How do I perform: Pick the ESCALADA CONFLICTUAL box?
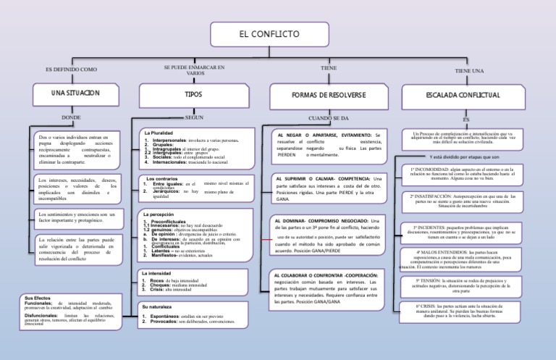(460, 95)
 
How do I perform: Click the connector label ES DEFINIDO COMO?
(71, 69)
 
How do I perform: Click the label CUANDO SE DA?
(329, 117)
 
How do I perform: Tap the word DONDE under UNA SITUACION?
(71, 117)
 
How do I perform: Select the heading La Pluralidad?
(158, 133)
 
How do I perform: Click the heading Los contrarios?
(161, 178)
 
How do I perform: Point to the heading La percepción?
(159, 215)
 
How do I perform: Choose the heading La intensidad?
(158, 272)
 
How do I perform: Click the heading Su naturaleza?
(159, 308)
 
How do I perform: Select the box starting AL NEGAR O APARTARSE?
(329, 145)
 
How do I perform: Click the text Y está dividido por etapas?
(463, 156)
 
